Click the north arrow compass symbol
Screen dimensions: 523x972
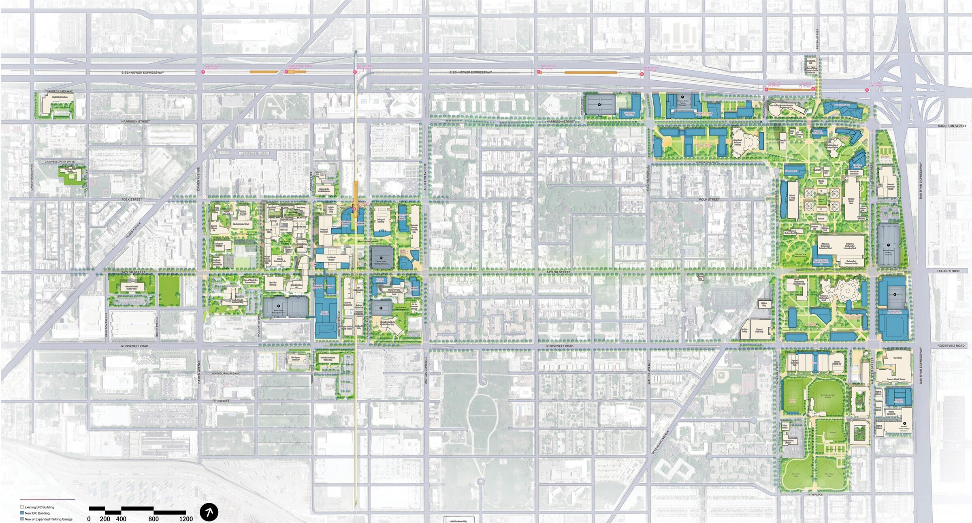(x=209, y=512)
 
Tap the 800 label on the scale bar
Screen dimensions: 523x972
(x=153, y=519)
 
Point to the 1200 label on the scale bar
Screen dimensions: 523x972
(x=186, y=519)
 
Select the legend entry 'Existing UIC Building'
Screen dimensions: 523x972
(x=39, y=507)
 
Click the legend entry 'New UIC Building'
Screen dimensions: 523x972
(x=37, y=513)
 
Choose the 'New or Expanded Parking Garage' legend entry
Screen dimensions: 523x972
(x=48, y=519)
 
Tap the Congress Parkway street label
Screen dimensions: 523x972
(x=59, y=91)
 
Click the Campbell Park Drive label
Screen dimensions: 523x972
(x=60, y=162)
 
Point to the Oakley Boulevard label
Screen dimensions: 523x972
(x=32, y=177)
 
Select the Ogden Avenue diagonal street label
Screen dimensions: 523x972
(x=134, y=230)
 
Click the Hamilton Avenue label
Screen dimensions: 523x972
(x=106, y=328)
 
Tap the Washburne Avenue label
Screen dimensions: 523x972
(x=226, y=373)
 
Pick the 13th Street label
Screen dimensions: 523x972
(x=221, y=401)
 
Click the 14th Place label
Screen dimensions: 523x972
(x=815, y=495)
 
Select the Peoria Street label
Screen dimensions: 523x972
(x=818, y=39)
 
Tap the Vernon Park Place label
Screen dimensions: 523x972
(x=707, y=163)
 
